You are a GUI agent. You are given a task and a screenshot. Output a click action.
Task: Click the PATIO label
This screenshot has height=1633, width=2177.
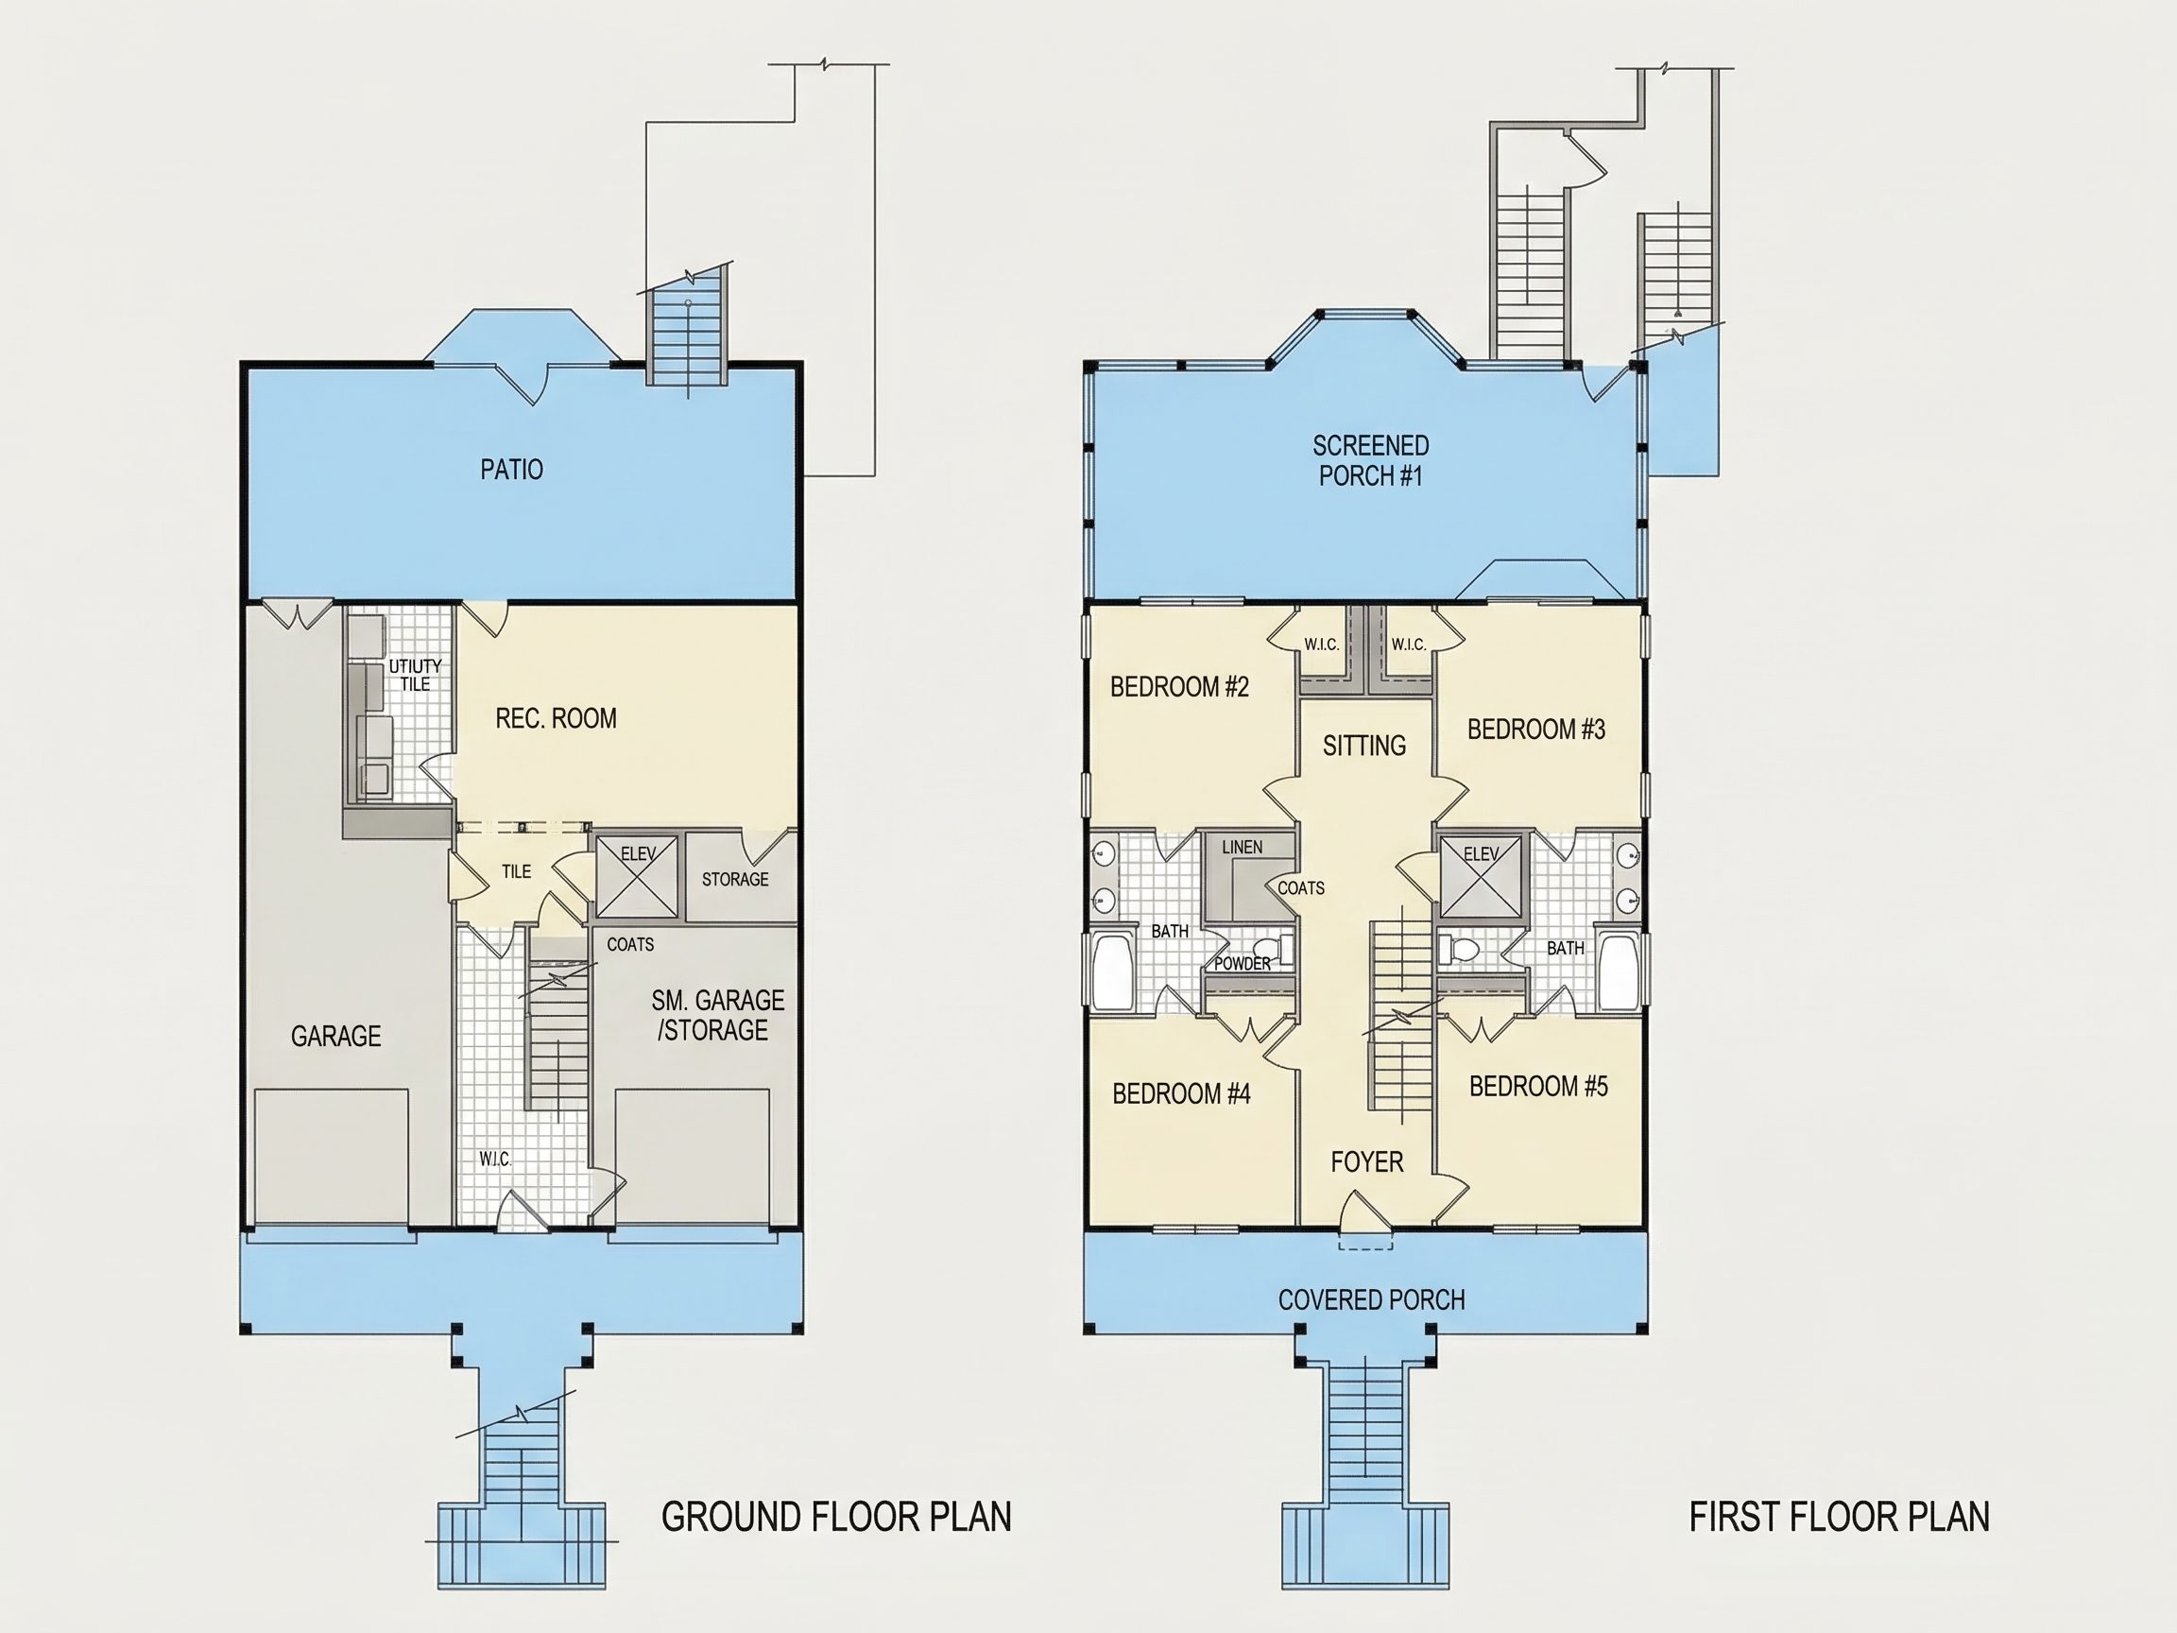tap(512, 470)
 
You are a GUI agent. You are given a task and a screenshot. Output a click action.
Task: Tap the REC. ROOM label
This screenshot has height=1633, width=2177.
tap(556, 718)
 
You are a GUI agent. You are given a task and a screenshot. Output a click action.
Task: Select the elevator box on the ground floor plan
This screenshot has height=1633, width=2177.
tap(637, 876)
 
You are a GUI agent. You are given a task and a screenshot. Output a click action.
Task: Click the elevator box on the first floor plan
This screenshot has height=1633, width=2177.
tap(1481, 876)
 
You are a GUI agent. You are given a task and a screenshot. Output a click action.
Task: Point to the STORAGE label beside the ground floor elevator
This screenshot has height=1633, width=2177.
tap(735, 879)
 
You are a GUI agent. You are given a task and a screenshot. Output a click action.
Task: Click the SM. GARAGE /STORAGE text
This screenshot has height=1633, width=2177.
tap(716, 1015)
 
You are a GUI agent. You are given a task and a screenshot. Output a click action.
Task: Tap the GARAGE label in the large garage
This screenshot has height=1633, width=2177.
tap(335, 1036)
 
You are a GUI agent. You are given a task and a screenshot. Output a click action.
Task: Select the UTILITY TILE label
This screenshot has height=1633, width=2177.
tap(416, 676)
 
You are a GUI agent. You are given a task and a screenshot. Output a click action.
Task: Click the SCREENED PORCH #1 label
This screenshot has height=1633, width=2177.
tap(1371, 460)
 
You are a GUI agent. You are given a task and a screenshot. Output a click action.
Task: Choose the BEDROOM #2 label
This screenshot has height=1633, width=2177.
tap(1179, 687)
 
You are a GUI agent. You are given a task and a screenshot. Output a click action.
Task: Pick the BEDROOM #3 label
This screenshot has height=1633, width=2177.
tap(1536, 730)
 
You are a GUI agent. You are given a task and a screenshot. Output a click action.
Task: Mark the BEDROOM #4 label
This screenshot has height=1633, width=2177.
tap(1181, 1093)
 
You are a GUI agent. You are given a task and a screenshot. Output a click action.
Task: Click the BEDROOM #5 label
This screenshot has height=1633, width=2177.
tap(1538, 1086)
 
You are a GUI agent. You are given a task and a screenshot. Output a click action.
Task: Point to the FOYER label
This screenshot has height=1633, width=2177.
tap(1367, 1162)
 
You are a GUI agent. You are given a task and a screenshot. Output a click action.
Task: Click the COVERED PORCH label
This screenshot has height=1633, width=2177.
tap(1372, 1300)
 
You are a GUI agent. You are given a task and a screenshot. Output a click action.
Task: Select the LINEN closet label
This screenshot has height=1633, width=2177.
tap(1242, 848)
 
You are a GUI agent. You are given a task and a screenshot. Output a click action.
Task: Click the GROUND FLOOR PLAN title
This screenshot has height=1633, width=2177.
tap(836, 1517)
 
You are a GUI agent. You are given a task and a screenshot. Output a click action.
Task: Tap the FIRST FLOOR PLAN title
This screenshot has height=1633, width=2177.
tap(1840, 1517)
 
